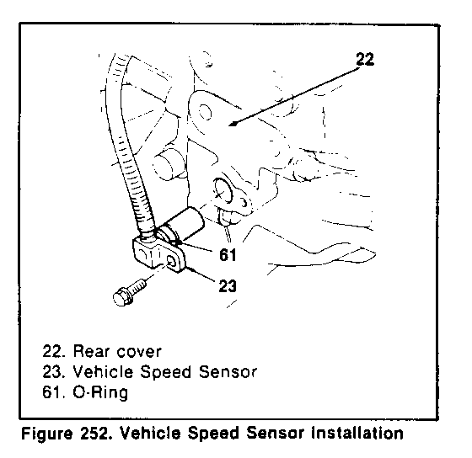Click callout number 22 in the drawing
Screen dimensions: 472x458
[365, 59]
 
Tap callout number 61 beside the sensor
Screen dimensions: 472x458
[228, 255]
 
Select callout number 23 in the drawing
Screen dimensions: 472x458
[228, 286]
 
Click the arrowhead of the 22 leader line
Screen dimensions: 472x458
[233, 124]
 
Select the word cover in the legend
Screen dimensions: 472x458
[139, 352]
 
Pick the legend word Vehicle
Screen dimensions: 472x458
[103, 371]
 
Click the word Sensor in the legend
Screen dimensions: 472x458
[228, 371]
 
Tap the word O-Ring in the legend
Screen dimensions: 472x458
[100, 393]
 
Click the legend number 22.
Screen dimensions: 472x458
[53, 351]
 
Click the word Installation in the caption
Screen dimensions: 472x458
[357, 434]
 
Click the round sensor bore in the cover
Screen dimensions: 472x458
[223, 192]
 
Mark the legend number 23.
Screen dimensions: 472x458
[53, 371]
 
